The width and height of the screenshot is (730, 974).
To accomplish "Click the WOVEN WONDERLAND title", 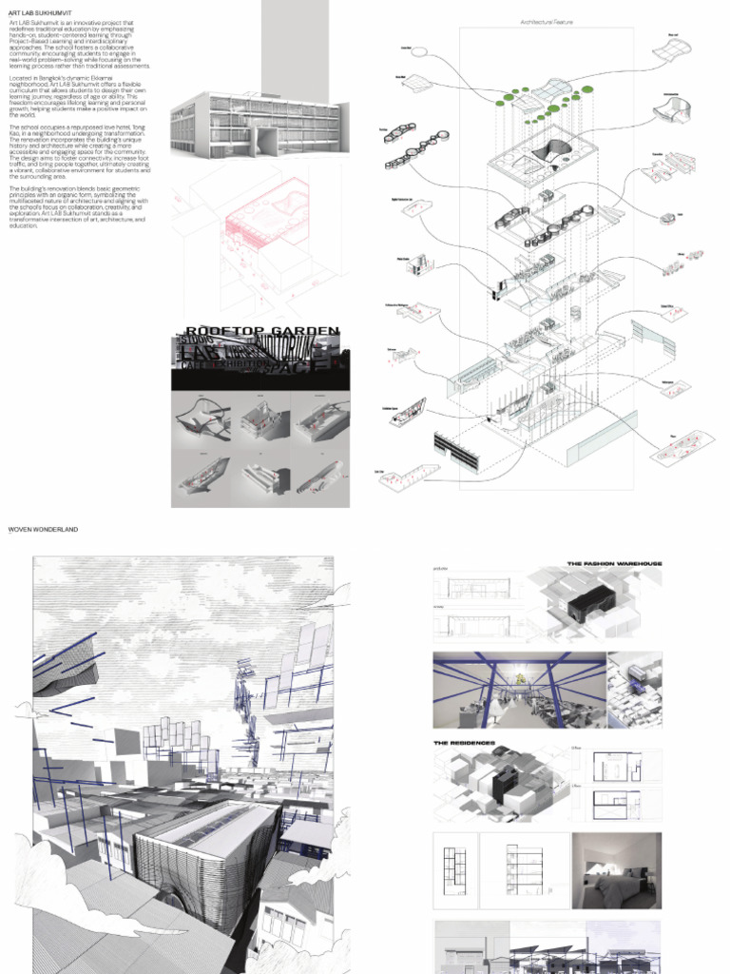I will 43,529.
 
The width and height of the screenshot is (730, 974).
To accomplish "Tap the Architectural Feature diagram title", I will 546,21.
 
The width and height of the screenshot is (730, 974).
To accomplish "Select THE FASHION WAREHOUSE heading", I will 614,564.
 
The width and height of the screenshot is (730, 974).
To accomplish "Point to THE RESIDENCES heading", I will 464,742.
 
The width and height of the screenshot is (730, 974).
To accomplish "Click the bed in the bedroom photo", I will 622,891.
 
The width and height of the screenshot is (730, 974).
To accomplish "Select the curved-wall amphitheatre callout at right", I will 674,112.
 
